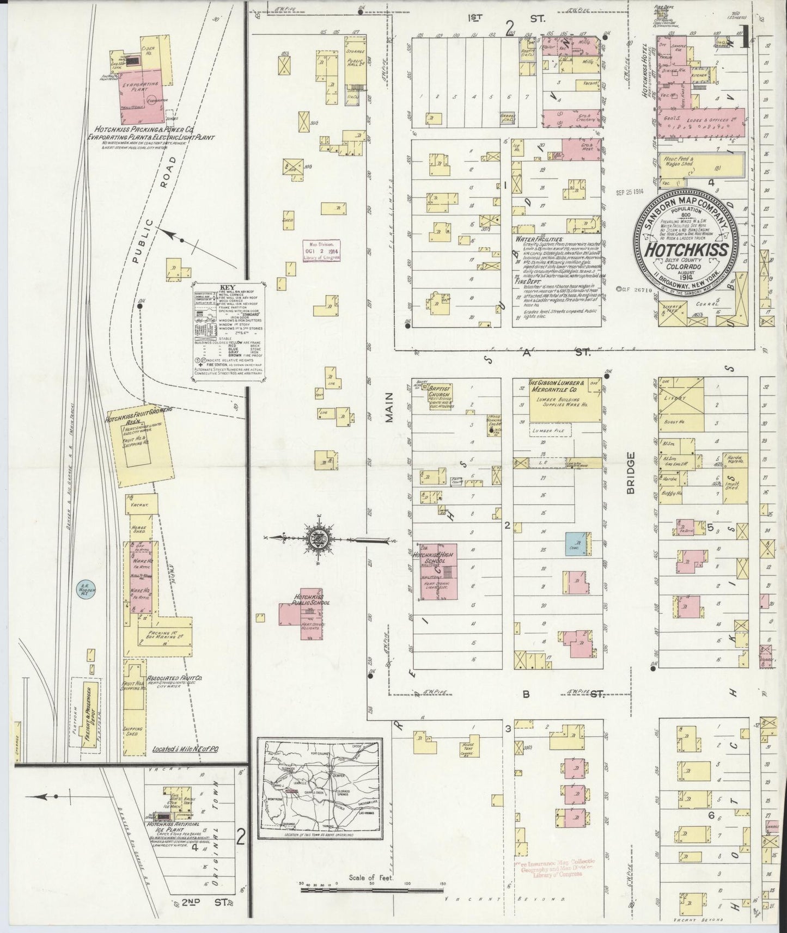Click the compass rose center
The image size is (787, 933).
coord(316,539)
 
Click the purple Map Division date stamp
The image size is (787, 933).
coord(322,250)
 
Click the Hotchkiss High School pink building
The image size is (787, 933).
coord(437,572)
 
